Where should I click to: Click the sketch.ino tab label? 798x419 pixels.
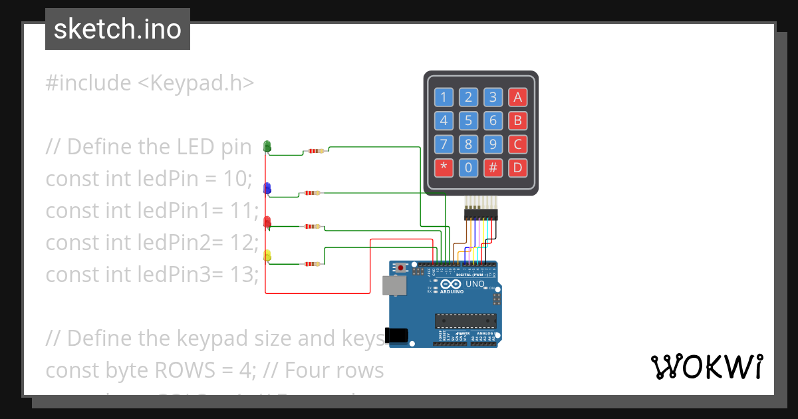pos(118,29)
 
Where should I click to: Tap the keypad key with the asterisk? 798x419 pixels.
pos(444,168)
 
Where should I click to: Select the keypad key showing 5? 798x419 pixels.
pos(469,121)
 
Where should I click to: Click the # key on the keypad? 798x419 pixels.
pos(493,168)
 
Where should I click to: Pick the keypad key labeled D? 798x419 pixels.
pos(517,168)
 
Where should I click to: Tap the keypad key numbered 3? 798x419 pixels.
pos(493,98)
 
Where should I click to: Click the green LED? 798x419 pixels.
pos(267,146)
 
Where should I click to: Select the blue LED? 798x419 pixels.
pos(267,188)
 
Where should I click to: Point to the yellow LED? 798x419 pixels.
pos(267,255)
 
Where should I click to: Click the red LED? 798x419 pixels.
pos(267,221)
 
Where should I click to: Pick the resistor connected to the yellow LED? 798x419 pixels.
pos(311,264)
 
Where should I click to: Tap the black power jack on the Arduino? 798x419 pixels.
pos(397,335)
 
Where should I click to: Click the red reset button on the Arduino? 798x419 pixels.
pos(402,268)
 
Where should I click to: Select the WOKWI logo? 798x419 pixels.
pos(706,366)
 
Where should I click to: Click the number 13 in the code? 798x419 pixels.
pos(238,273)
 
